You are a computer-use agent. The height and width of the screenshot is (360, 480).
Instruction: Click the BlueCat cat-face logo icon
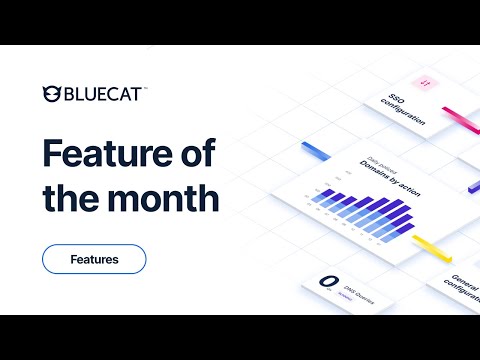(52, 95)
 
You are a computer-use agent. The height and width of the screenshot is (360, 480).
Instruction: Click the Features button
(94, 259)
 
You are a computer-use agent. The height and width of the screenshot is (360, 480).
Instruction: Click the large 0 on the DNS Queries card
(325, 284)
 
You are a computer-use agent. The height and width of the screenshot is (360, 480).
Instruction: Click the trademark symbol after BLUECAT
(145, 88)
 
